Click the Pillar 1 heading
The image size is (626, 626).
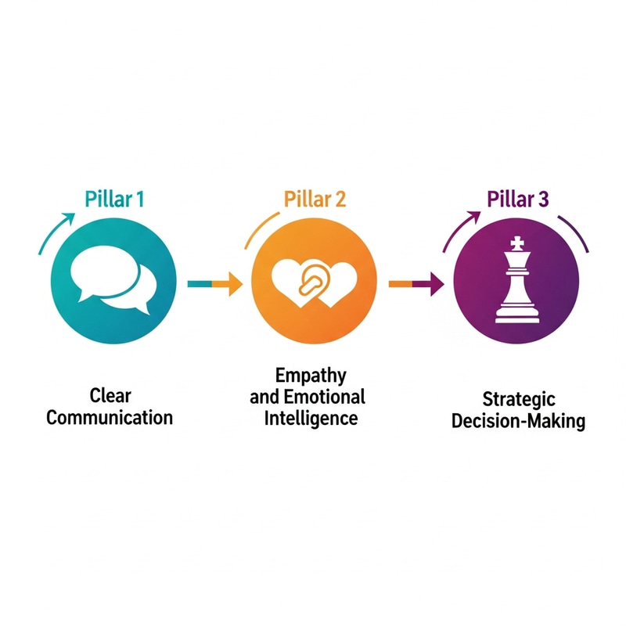(114, 200)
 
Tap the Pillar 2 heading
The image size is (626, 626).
(315, 200)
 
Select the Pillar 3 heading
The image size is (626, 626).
(518, 199)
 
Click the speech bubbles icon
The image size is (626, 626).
(113, 280)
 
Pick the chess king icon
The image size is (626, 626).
(516, 279)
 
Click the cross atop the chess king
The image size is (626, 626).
(517, 243)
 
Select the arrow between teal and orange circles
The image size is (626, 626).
(215, 284)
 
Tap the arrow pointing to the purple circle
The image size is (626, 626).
(416, 284)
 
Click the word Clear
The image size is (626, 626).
(110, 396)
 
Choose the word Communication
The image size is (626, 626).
(110, 418)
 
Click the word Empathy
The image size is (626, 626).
(311, 376)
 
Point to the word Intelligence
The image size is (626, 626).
(311, 419)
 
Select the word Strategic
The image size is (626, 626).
(519, 400)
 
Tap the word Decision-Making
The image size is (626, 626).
(518, 421)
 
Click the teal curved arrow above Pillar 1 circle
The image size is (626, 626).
(56, 232)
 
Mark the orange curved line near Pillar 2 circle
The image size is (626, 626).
(261, 229)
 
